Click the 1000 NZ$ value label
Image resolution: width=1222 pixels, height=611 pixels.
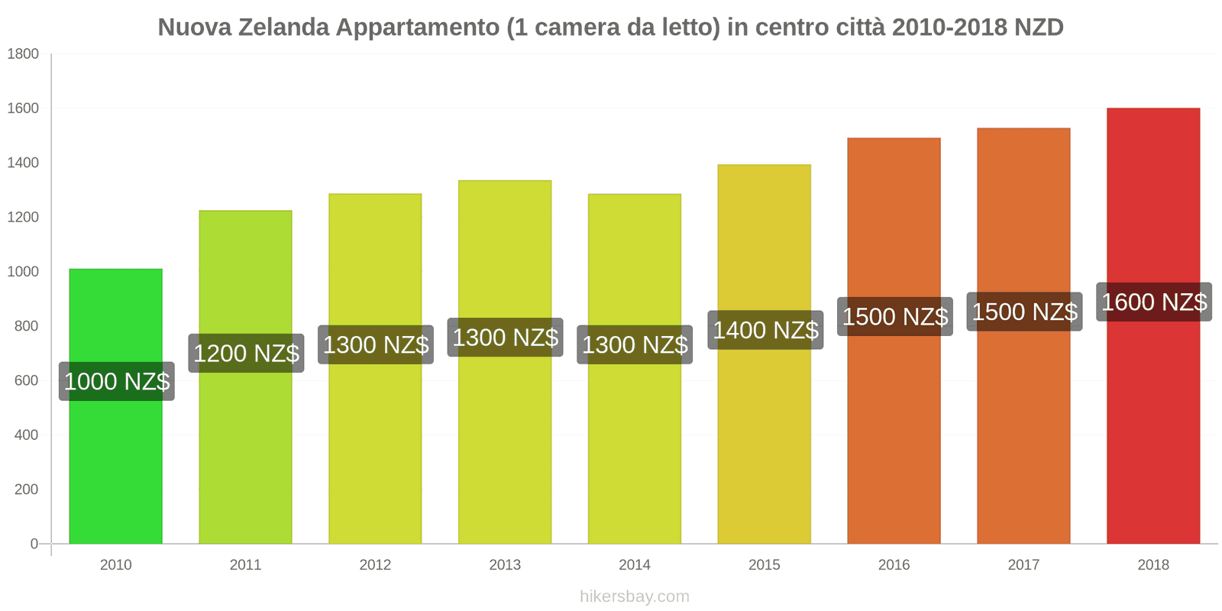click(117, 381)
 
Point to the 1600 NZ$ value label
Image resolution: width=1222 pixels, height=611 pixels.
click(1154, 302)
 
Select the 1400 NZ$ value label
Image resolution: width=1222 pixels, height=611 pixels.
click(765, 330)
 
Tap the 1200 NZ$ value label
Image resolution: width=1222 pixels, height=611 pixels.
click(246, 353)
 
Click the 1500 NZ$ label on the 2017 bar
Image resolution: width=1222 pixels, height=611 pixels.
click(1024, 312)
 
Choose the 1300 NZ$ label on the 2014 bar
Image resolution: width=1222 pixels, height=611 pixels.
click(635, 344)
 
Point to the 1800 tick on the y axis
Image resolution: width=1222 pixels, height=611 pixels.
click(23, 53)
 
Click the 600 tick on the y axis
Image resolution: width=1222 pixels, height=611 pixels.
click(26, 380)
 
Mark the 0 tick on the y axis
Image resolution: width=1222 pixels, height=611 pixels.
click(34, 544)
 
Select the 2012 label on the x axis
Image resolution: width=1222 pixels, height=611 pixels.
click(375, 565)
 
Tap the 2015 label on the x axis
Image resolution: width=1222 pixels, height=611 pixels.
click(764, 565)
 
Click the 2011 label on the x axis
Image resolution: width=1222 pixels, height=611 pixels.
click(245, 565)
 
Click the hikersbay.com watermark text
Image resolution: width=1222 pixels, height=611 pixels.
click(634, 596)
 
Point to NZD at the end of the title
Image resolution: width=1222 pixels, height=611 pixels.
click(1039, 27)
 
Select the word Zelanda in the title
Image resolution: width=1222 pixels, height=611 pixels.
click(284, 27)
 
